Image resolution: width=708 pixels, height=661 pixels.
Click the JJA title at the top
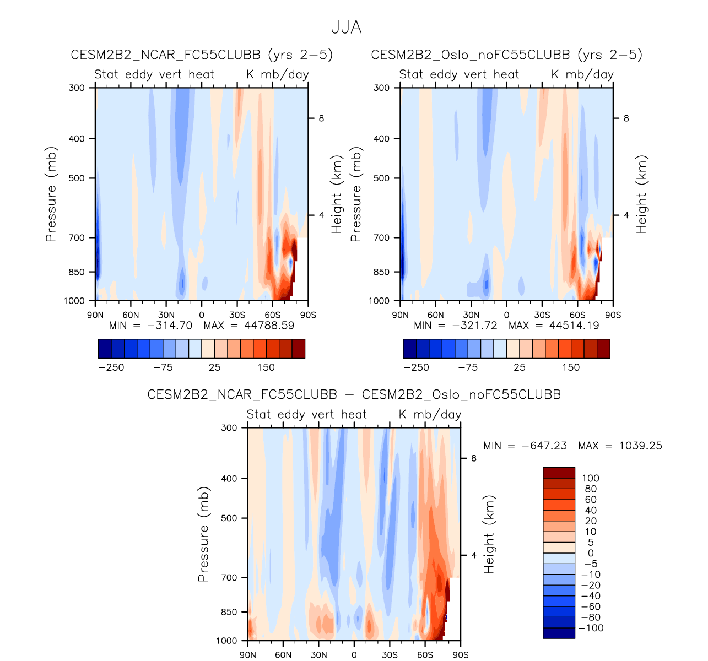[346, 28]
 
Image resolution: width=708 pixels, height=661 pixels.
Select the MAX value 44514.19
[574, 326]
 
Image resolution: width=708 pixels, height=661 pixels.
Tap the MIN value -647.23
[544, 446]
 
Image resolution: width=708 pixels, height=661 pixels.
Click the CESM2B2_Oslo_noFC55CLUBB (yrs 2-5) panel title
[507, 55]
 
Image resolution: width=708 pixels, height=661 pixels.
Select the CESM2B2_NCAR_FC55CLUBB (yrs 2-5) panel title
[202, 55]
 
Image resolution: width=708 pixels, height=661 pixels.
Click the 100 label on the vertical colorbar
[590, 479]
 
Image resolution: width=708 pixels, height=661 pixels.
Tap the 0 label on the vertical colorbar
[591, 553]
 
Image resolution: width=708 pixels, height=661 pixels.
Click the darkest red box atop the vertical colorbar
[559, 473]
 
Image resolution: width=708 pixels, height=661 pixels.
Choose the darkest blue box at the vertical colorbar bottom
[559, 633]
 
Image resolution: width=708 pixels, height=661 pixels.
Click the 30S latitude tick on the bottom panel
[389, 655]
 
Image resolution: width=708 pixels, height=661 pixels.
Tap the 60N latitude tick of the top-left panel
[131, 315]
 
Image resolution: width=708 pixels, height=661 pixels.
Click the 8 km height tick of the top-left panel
[320, 118]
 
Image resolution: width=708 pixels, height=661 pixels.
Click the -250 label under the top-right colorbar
[416, 367]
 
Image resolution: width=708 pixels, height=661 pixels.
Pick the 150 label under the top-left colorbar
[266, 367]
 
